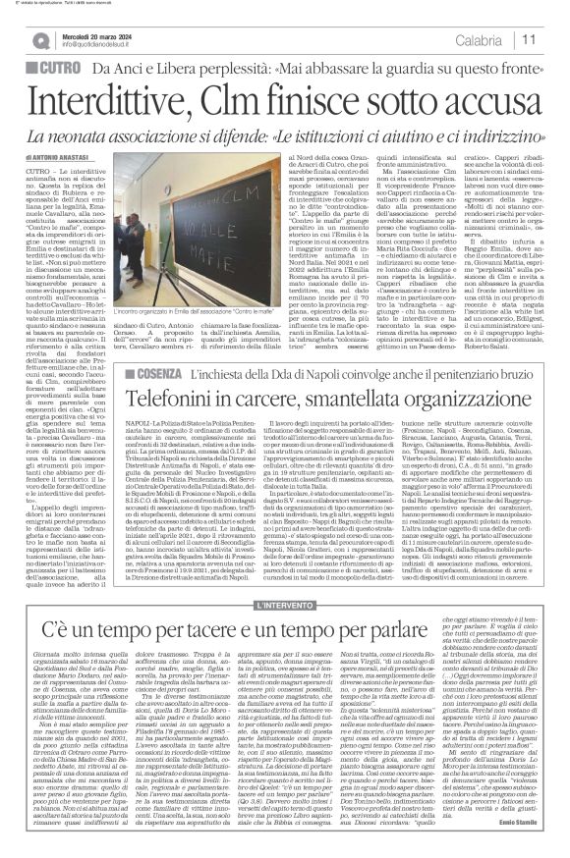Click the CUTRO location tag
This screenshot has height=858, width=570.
63,70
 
